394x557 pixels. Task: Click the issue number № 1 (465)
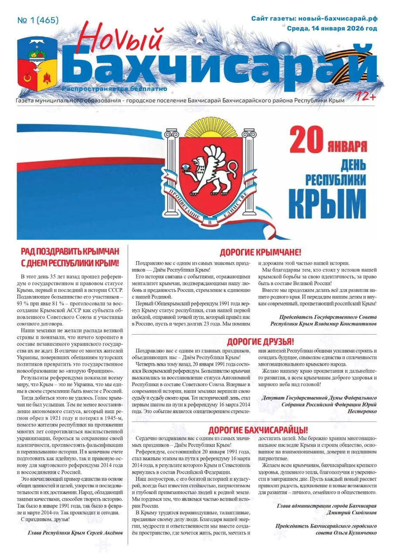coord(37,20)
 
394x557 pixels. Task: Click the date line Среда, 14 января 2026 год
coord(332,29)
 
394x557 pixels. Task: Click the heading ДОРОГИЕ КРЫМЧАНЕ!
coord(260,252)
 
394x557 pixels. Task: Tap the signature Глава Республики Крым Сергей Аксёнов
coord(75,533)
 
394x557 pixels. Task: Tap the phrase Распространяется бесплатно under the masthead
coord(115,89)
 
